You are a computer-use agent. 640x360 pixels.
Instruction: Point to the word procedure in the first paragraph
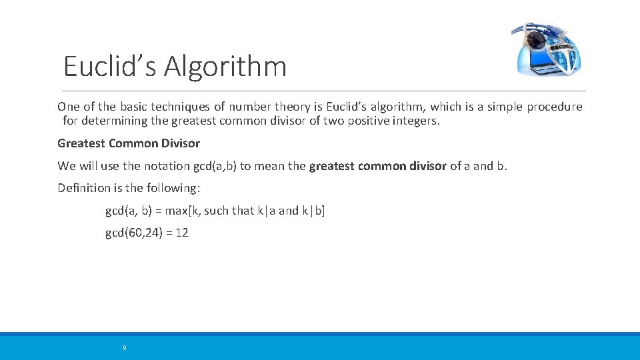[555, 107]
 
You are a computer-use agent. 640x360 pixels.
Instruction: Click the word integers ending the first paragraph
[415, 121]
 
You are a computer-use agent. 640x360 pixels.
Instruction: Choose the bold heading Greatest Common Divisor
[129, 143]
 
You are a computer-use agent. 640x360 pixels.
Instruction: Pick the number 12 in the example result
[181, 233]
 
